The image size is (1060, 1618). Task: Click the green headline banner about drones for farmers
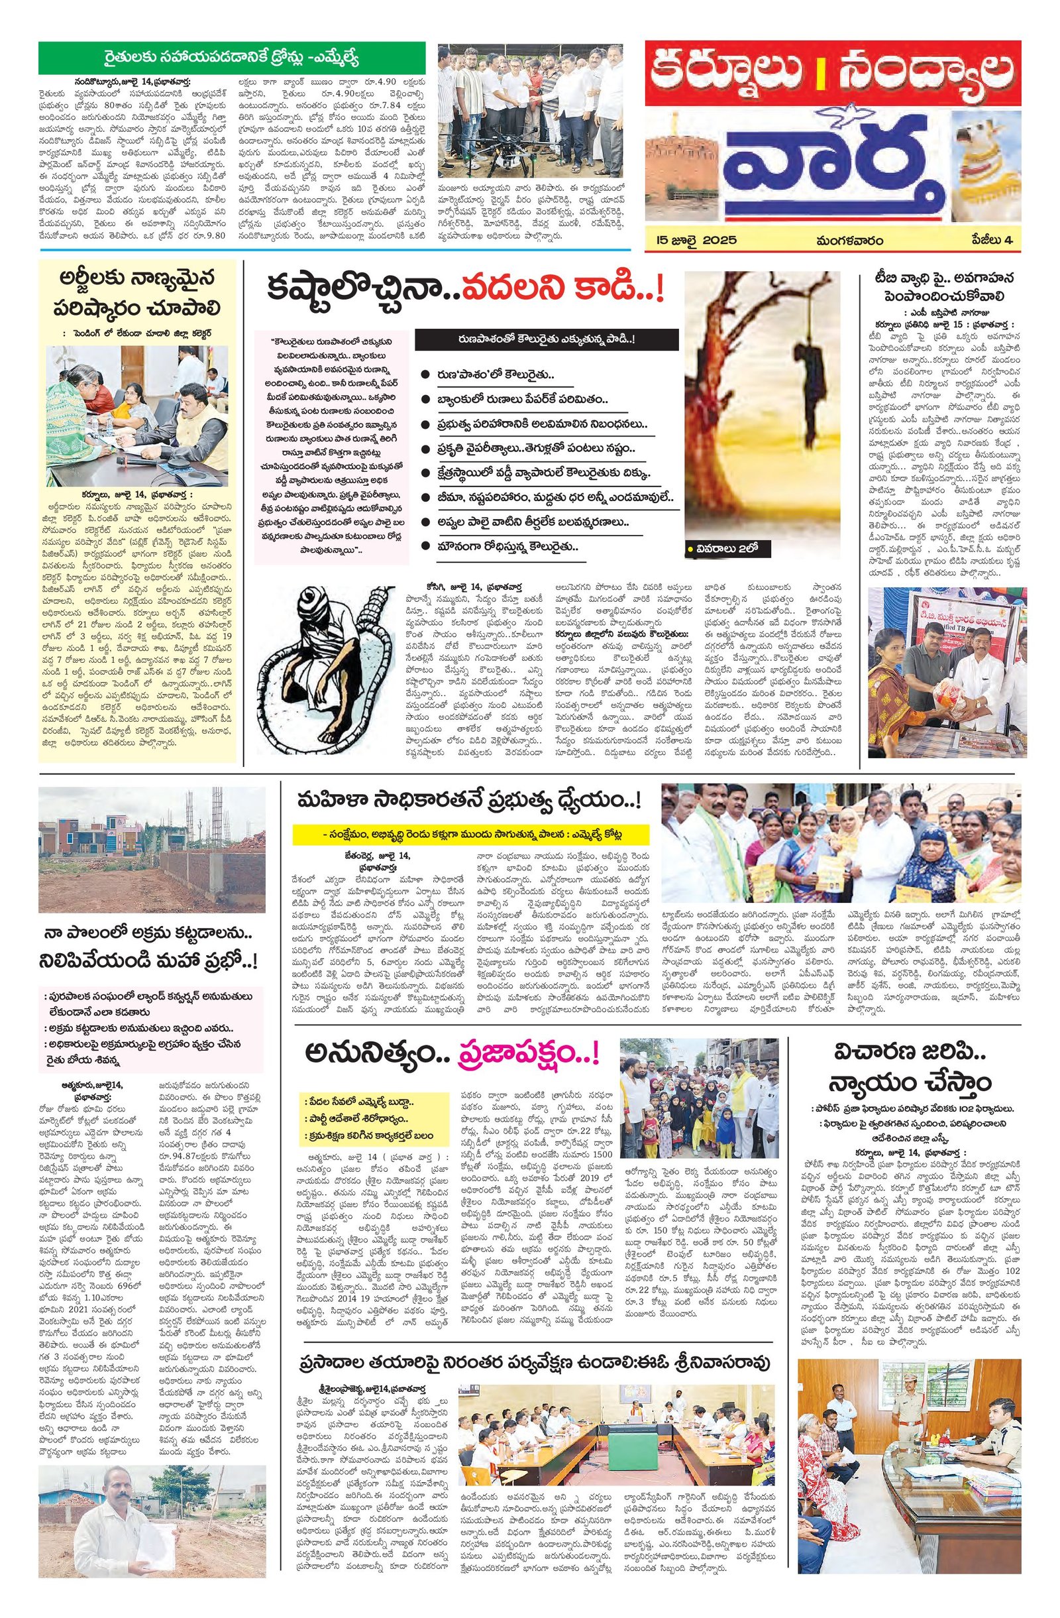pyautogui.click(x=231, y=54)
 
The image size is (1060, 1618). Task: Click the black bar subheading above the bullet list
pyautogui.click(x=547, y=339)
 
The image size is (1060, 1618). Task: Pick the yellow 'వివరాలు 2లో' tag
pyautogui.click(x=720, y=548)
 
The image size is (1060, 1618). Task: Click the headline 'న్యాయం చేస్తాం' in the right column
pyautogui.click(x=922, y=1081)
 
